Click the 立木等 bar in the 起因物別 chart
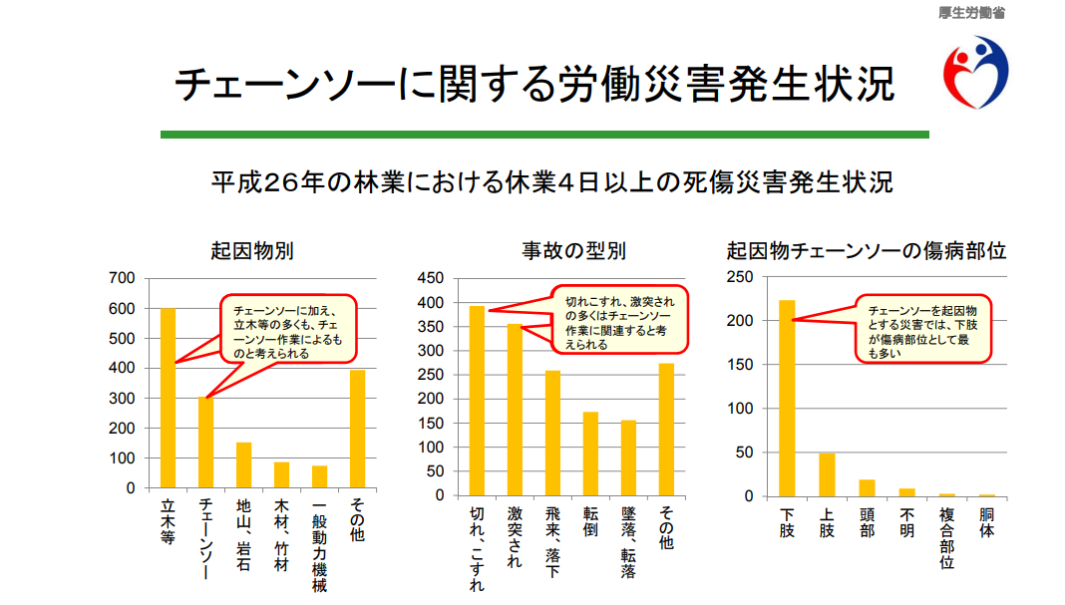click(x=168, y=399)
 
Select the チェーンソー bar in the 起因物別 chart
click(x=205, y=444)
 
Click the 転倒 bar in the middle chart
click(x=590, y=454)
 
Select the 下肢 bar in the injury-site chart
click(x=787, y=399)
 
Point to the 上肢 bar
click(x=826, y=474)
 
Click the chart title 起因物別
click(x=251, y=251)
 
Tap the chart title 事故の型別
click(x=573, y=251)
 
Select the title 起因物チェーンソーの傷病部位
click(x=866, y=251)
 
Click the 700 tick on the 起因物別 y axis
click(x=123, y=278)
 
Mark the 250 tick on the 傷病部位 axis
click(x=743, y=277)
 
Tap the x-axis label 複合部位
click(x=946, y=538)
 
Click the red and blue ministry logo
click(x=976, y=71)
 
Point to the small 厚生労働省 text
click(x=972, y=12)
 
